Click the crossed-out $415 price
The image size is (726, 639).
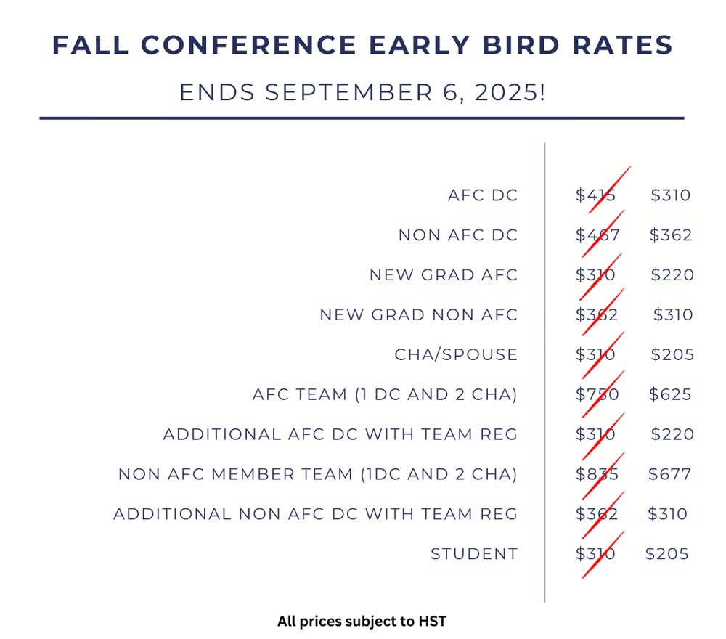point(595,195)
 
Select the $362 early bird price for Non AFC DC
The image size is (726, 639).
point(670,235)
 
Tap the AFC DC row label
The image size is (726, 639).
point(483,195)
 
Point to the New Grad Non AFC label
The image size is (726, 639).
point(418,314)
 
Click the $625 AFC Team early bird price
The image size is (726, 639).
point(670,394)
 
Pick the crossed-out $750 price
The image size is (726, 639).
point(597,394)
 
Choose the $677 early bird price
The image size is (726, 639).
point(669,473)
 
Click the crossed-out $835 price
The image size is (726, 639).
point(597,473)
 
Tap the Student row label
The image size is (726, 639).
point(474,553)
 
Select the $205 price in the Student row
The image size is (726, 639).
point(666,553)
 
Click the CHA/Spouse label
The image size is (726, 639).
point(456,354)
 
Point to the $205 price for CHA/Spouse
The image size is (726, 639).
point(672,354)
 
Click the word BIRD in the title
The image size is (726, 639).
point(521,45)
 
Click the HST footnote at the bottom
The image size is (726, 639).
point(362,621)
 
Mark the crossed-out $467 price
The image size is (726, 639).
point(597,235)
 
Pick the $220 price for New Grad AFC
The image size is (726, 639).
point(672,274)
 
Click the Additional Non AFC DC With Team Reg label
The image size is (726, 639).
point(315,513)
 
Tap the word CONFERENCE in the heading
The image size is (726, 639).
point(248,45)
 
